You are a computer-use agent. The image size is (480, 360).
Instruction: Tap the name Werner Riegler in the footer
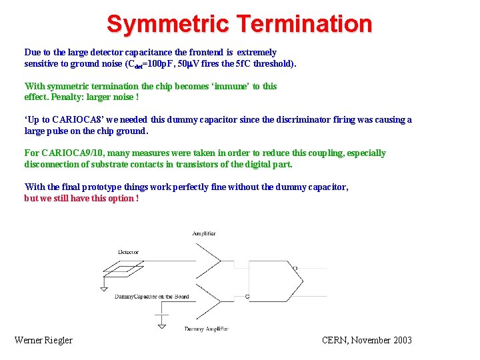[43, 340]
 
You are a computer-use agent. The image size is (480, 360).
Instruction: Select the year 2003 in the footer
[401, 340]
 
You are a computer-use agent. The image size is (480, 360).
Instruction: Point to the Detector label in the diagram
[128, 252]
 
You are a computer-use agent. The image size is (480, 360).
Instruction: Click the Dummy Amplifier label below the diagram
[206, 329]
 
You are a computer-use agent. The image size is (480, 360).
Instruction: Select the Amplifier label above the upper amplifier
[204, 234]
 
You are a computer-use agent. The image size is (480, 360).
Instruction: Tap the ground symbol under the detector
[103, 287]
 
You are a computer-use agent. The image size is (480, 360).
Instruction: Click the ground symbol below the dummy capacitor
[161, 326]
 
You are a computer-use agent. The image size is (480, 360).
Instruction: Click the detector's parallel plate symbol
[128, 269]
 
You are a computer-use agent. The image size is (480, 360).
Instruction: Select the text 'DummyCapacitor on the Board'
[152, 297]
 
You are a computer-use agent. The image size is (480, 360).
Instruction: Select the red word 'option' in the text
[119, 199]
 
